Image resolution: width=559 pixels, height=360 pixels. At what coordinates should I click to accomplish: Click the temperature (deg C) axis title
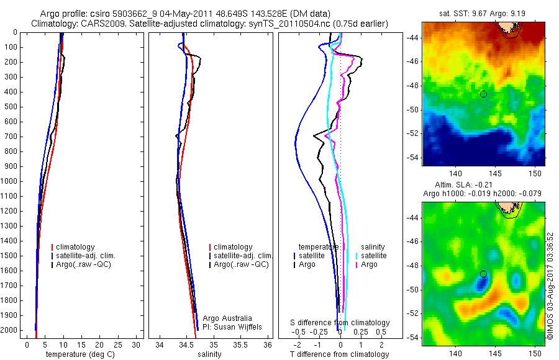point(80,354)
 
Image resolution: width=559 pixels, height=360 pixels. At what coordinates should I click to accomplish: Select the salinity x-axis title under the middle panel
point(210,354)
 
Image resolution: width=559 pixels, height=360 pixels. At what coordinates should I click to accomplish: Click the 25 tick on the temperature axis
point(117,344)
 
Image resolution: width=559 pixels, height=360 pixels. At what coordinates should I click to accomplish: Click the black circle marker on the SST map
point(483,94)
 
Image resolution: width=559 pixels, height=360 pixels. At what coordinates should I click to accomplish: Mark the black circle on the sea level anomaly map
point(483,274)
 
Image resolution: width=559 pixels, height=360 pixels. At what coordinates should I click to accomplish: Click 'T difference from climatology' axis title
point(340,354)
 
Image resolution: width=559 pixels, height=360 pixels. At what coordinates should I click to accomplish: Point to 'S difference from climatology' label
point(340,323)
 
